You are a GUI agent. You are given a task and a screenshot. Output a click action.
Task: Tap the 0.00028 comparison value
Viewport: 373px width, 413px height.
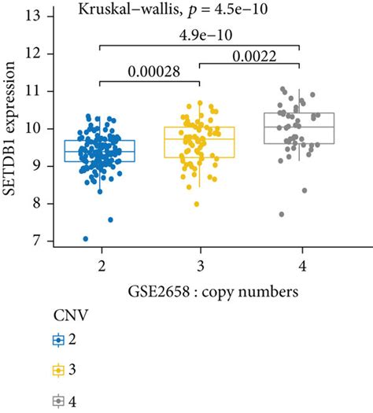click(x=150, y=71)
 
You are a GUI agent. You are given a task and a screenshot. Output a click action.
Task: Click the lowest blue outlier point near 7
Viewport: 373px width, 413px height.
click(x=85, y=238)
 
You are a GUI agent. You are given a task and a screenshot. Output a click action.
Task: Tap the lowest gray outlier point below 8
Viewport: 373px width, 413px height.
click(x=281, y=214)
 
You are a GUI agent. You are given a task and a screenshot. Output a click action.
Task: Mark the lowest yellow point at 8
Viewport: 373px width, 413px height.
click(x=196, y=204)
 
